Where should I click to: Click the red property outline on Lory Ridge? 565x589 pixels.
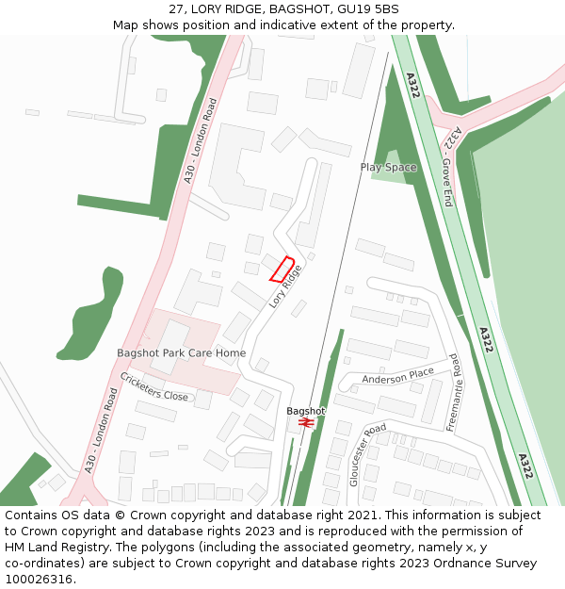[282, 270]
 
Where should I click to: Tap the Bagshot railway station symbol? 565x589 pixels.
[305, 423]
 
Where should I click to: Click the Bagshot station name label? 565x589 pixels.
[305, 411]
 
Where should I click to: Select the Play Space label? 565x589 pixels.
[388, 167]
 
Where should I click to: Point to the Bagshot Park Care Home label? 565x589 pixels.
[181, 353]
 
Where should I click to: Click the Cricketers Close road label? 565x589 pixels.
[153, 386]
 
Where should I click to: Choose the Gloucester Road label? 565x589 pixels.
[367, 454]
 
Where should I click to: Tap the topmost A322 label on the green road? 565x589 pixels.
[412, 84]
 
